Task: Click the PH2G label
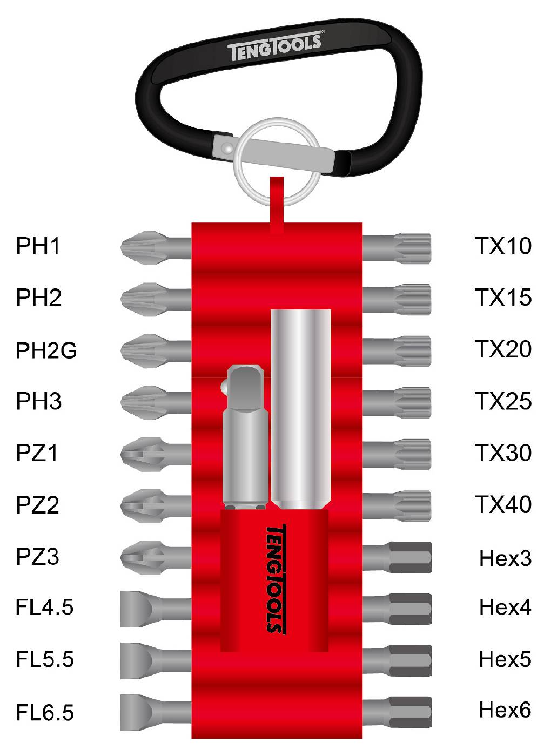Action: (46, 350)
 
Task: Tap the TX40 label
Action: (503, 504)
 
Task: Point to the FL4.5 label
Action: (44, 607)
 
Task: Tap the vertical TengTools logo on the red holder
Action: (276, 578)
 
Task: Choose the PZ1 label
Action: (37, 453)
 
